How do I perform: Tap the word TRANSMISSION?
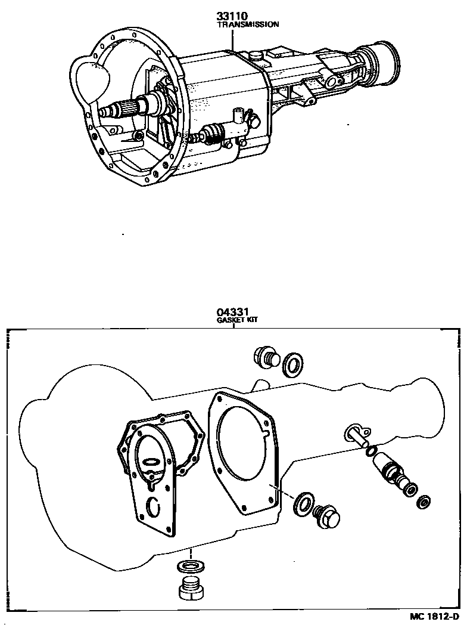click(248, 25)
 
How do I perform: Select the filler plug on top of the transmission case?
click(257, 57)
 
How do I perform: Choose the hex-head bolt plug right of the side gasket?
click(326, 516)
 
